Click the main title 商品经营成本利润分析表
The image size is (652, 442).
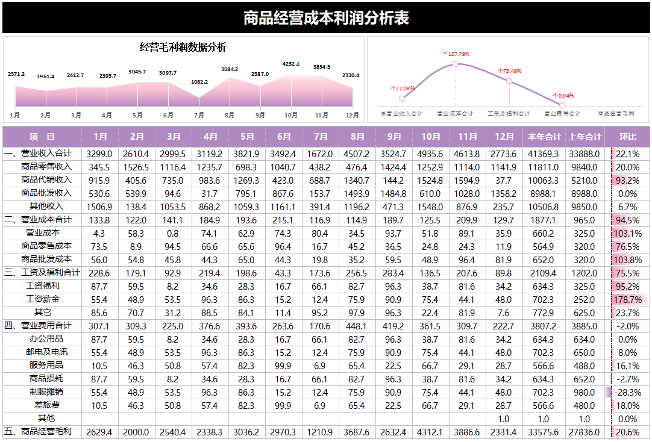pos(326,18)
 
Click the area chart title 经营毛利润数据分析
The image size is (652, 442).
pos(183,48)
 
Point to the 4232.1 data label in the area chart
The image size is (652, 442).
pos(291,64)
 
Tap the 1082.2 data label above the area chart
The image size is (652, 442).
pos(199,82)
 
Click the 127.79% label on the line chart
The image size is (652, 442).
pos(456,54)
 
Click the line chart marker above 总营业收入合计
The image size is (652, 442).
pos(401,98)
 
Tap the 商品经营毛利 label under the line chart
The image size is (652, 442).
pos(616,113)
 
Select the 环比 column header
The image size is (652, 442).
pos(627,137)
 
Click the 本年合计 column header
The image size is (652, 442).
pos(544,137)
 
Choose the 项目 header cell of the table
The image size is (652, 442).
pos(42,137)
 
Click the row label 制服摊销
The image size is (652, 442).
pos(46,391)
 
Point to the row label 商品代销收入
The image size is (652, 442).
pos(46,180)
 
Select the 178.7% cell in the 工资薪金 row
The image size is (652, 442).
pos(627,299)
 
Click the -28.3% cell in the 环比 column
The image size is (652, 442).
pos(627,392)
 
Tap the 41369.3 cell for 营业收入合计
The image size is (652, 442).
pos(544,154)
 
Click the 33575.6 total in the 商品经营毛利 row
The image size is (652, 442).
pos(544,432)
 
